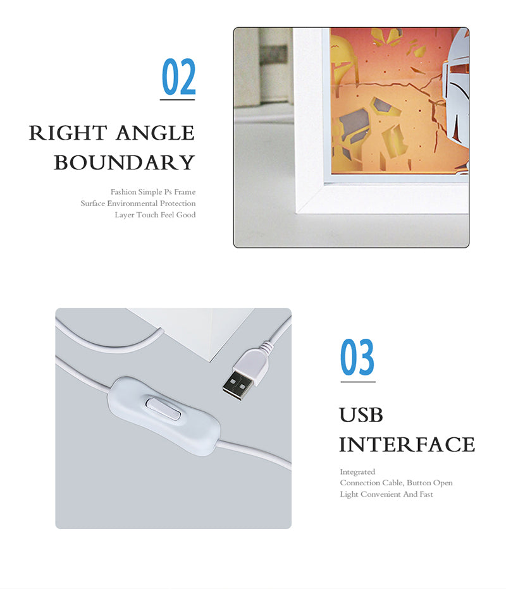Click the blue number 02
(x=179, y=76)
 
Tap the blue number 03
(x=357, y=357)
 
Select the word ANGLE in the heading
(x=155, y=133)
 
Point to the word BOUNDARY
(x=124, y=162)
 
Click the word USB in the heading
(x=361, y=415)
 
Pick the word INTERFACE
(x=407, y=444)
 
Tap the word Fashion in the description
(x=123, y=192)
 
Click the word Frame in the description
(x=185, y=192)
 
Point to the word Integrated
(x=357, y=472)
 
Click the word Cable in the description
(x=393, y=483)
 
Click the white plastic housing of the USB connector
(x=250, y=363)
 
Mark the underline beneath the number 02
(x=178, y=100)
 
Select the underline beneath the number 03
(x=358, y=382)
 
